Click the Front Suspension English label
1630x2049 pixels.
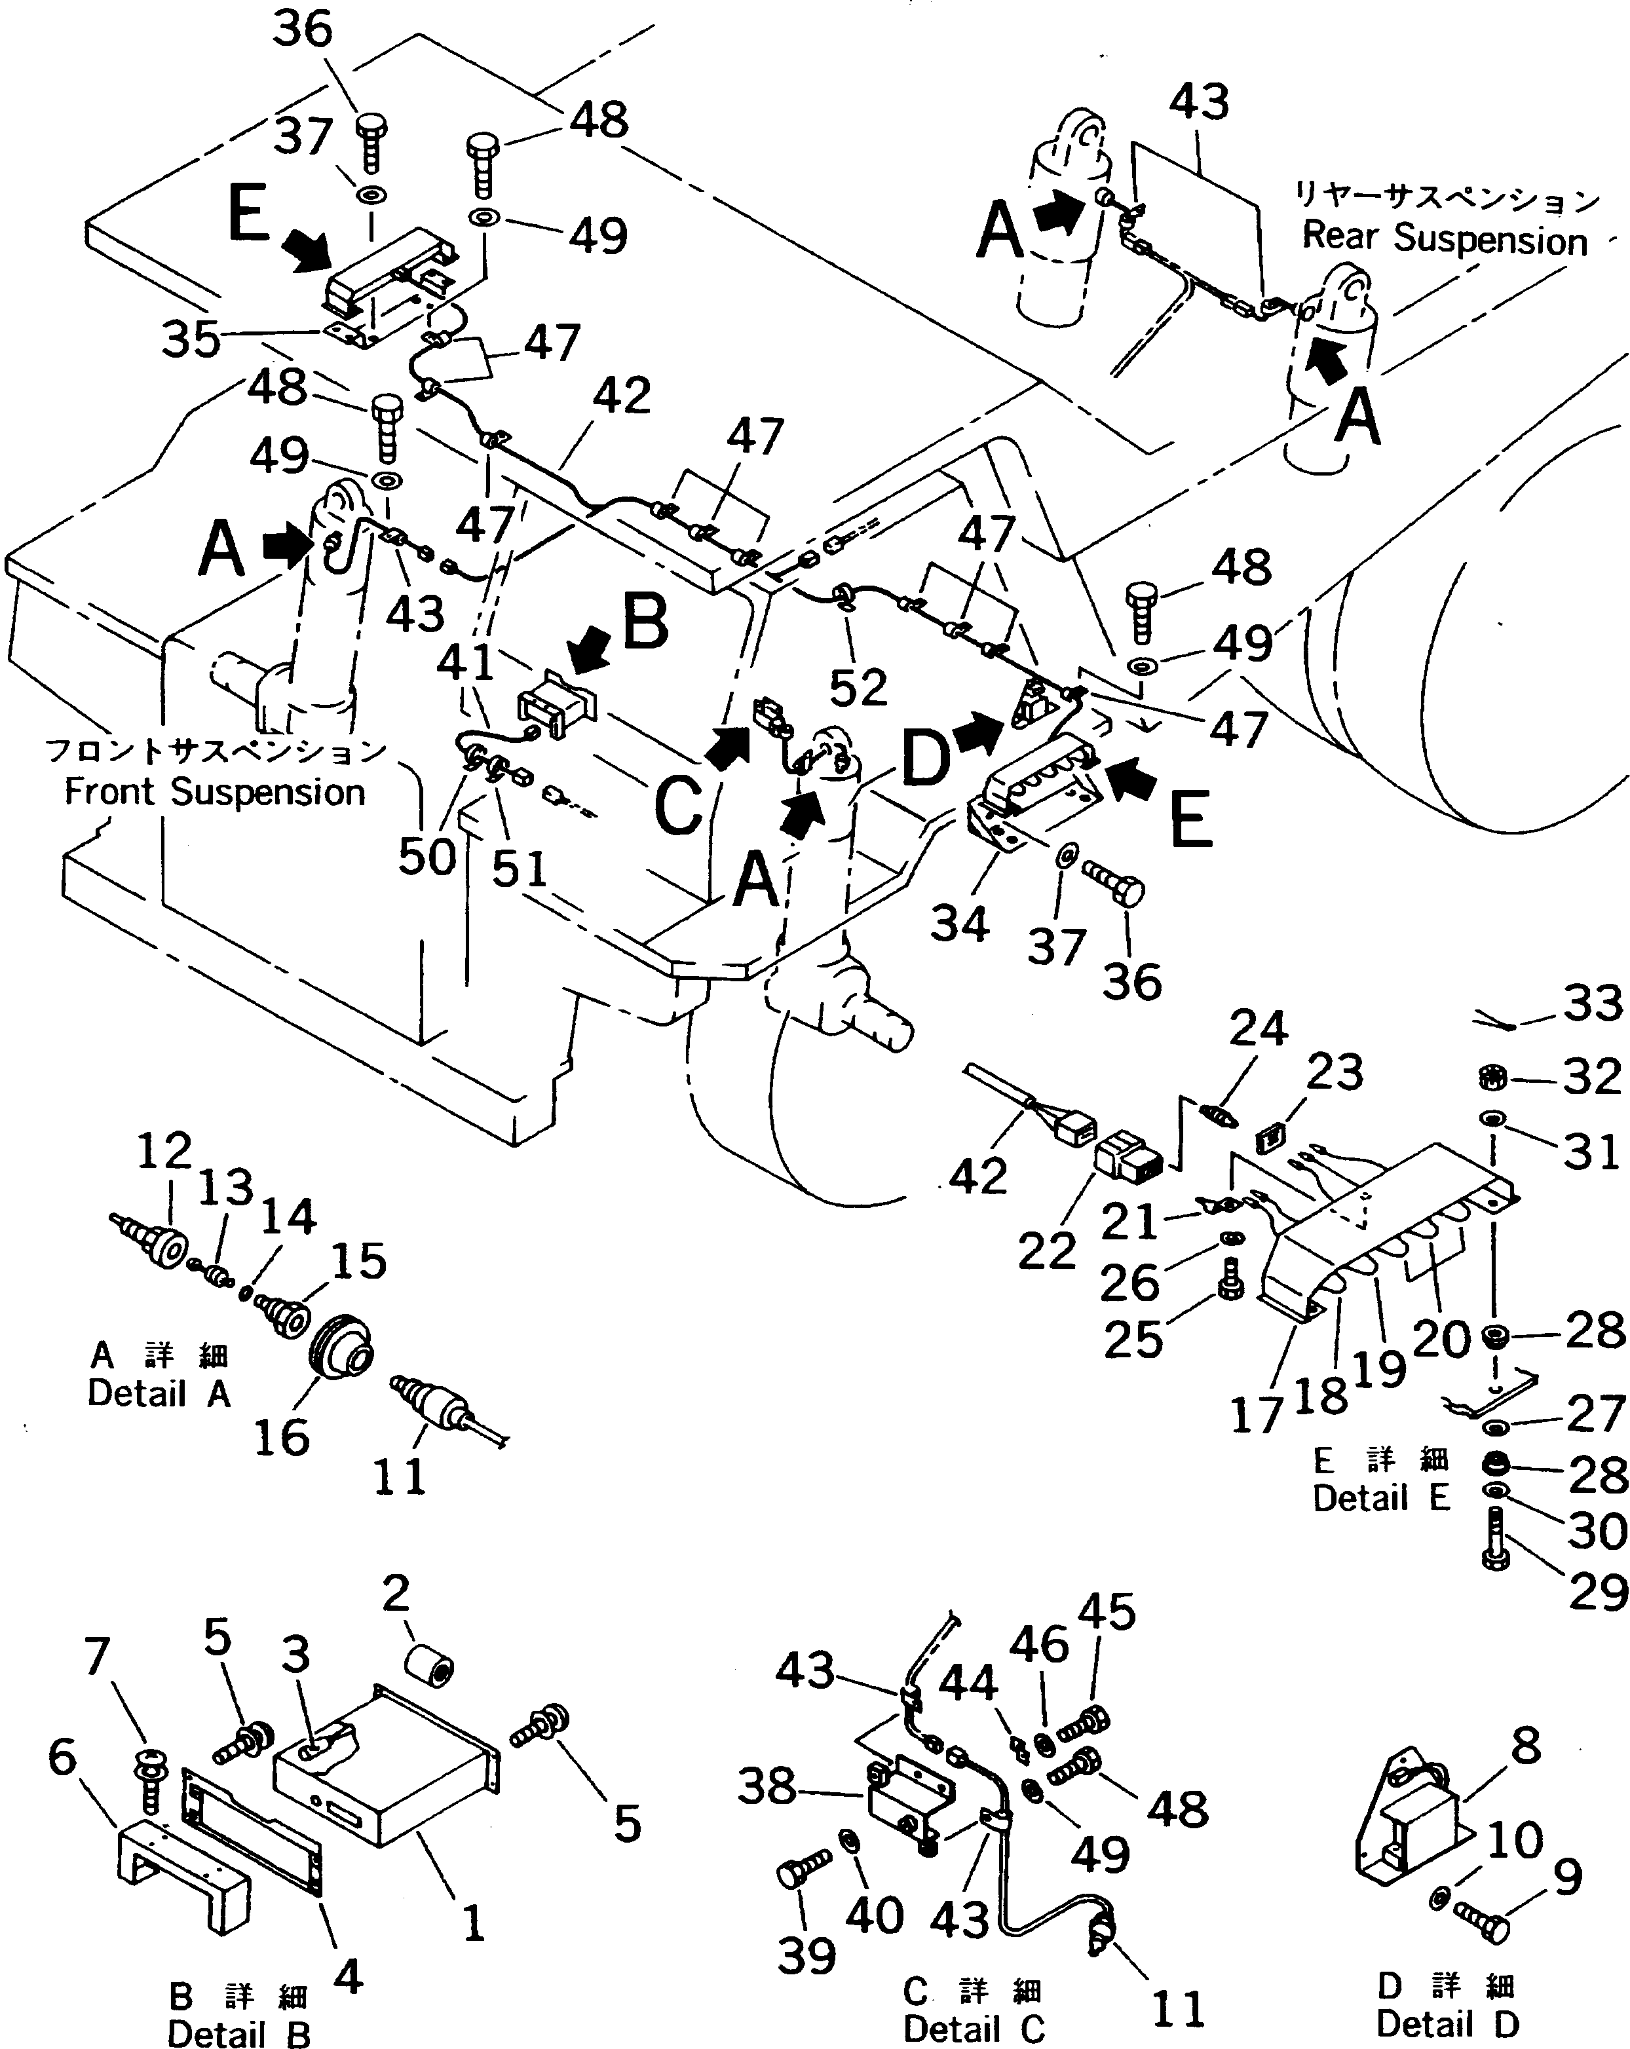[x=215, y=792]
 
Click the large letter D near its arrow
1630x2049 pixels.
[x=925, y=761]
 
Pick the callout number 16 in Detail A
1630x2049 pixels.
[x=281, y=1437]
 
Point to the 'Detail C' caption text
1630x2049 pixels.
[x=974, y=2028]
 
